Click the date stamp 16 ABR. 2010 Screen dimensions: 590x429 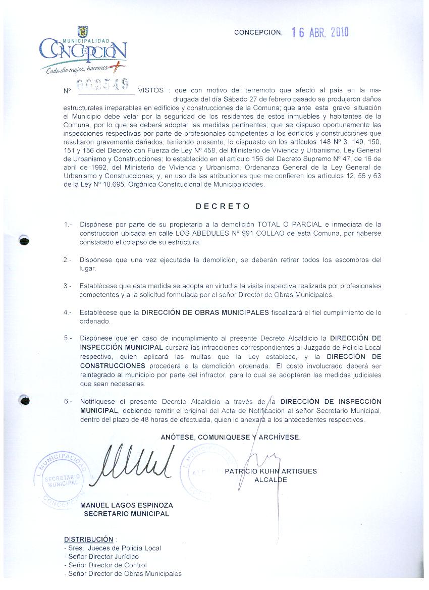click(x=320, y=33)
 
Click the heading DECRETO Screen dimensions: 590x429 click(x=223, y=206)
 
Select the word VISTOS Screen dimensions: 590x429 click(x=150, y=90)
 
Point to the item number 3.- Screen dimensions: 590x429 click(x=68, y=286)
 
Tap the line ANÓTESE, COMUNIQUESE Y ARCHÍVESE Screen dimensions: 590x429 click(x=231, y=437)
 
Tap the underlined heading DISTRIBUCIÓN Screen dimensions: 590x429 click(x=88, y=539)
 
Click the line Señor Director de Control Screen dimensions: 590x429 click(x=105, y=565)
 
